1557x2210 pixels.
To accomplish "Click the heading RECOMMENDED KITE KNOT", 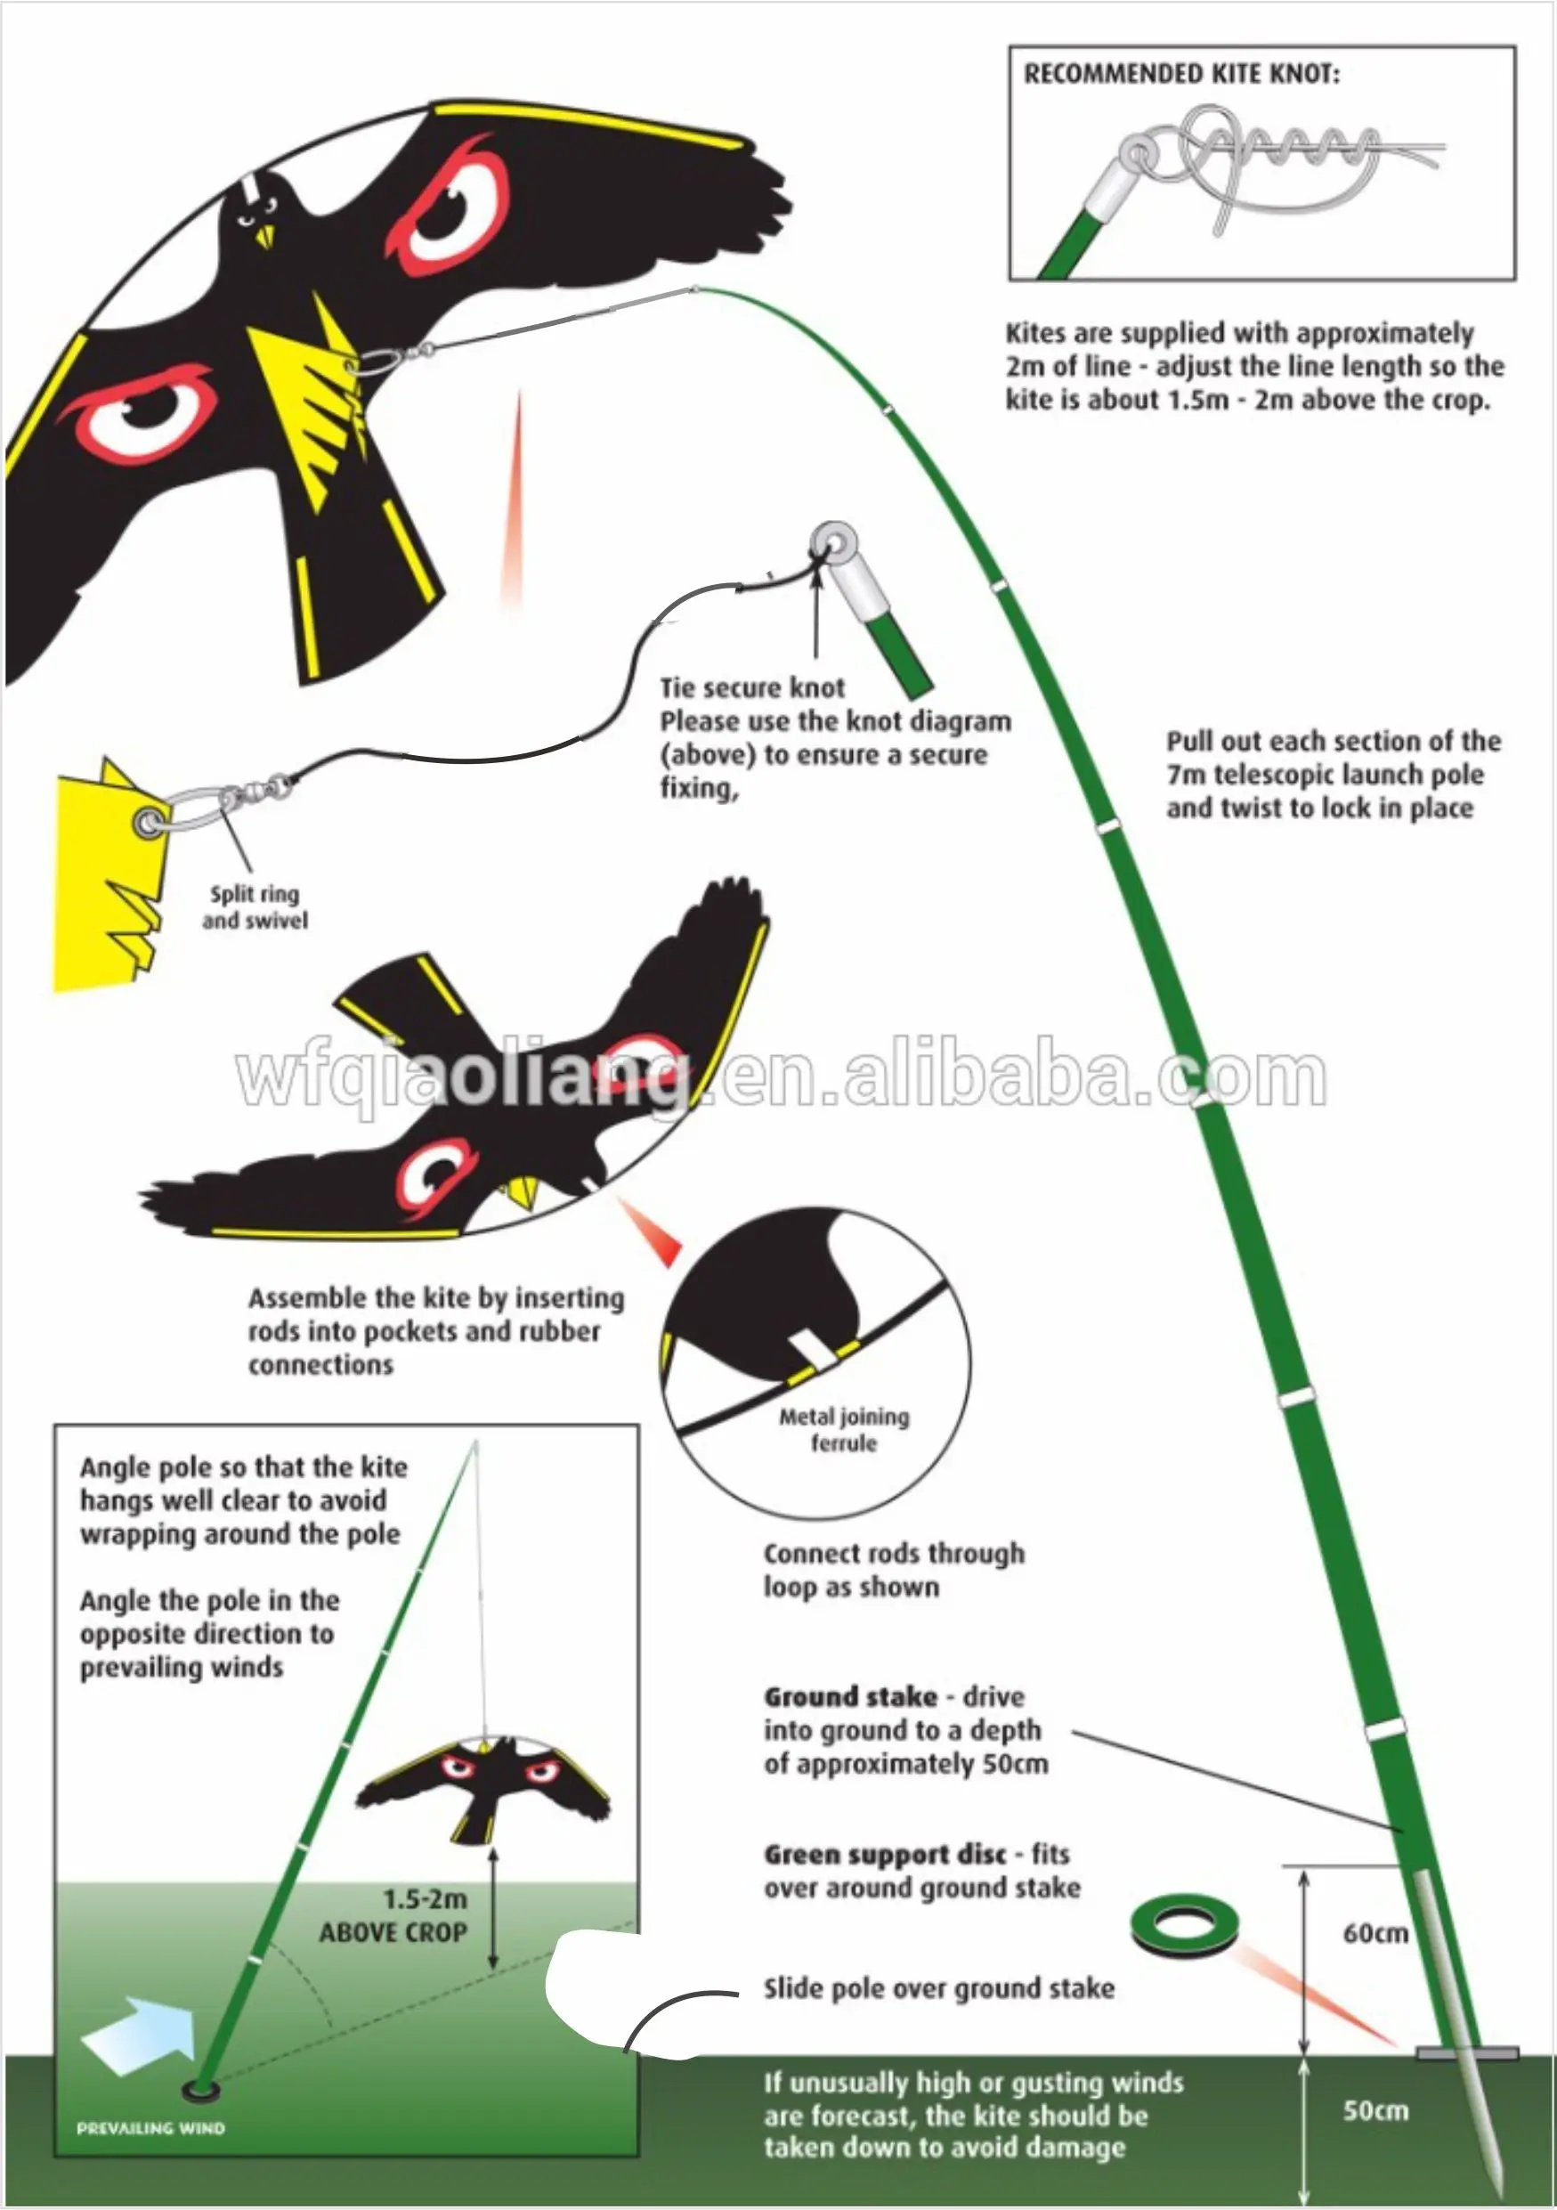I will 1180,74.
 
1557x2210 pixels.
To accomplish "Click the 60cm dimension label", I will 1375,1933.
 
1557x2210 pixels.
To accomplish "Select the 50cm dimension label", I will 1375,2110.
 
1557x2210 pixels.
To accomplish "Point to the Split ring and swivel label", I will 255,906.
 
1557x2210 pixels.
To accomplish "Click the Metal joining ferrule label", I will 844,1429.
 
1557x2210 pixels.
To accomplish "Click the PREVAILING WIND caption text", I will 151,2128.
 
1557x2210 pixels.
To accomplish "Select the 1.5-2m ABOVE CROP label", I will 393,1915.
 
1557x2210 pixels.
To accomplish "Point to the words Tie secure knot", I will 751,687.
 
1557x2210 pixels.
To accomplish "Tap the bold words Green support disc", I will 884,1854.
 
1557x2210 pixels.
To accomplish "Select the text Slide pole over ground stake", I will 938,1988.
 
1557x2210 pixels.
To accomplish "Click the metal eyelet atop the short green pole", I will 833,543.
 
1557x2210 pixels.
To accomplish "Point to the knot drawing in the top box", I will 1270,164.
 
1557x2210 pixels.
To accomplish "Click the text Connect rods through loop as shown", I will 893,1570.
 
